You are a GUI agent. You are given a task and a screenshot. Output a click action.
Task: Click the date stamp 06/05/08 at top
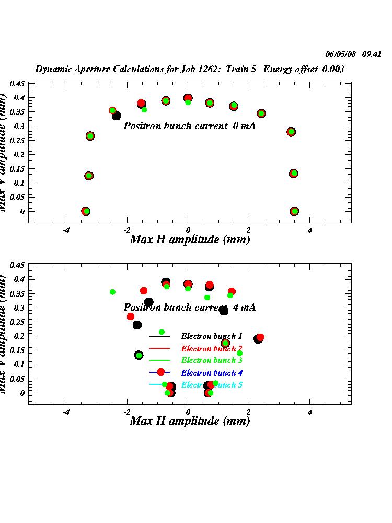[341, 54]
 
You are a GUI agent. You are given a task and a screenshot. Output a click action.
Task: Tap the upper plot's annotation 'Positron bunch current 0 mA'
[190, 126]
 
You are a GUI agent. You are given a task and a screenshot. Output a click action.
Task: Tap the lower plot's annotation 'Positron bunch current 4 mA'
[190, 308]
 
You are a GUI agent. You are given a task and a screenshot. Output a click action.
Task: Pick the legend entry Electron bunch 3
[212, 360]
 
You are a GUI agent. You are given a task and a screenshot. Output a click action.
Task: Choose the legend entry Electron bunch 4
[212, 373]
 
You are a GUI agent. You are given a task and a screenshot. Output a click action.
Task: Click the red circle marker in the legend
[160, 372]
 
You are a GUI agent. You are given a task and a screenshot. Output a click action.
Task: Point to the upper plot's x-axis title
[190, 240]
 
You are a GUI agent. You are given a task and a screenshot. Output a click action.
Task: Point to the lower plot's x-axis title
[190, 421]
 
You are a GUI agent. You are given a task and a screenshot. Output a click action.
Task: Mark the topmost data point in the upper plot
[188, 98]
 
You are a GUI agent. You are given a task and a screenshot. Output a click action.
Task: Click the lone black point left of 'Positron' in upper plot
[117, 116]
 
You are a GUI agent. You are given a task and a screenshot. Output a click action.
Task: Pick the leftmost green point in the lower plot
[112, 292]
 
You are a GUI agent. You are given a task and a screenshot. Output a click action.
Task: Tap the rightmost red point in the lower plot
[260, 337]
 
